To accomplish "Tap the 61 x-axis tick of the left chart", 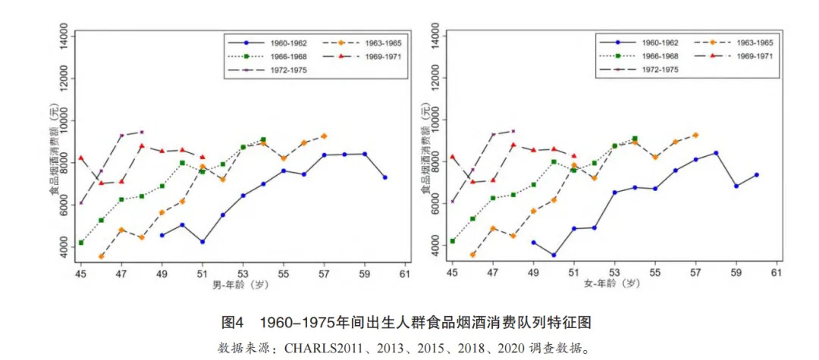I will tap(405, 273).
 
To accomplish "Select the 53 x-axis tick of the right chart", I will tap(614, 273).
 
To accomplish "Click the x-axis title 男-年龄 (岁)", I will tap(241, 284).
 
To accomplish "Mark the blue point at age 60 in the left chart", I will tap(385, 177).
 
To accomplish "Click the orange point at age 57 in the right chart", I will tap(695, 135).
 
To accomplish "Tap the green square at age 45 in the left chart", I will tap(81, 243).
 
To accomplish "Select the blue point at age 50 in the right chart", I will tap(554, 255).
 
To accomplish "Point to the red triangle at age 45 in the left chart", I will tap(81, 158).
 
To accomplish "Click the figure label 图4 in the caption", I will tap(231, 323).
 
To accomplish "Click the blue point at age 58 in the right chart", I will tap(716, 153).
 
